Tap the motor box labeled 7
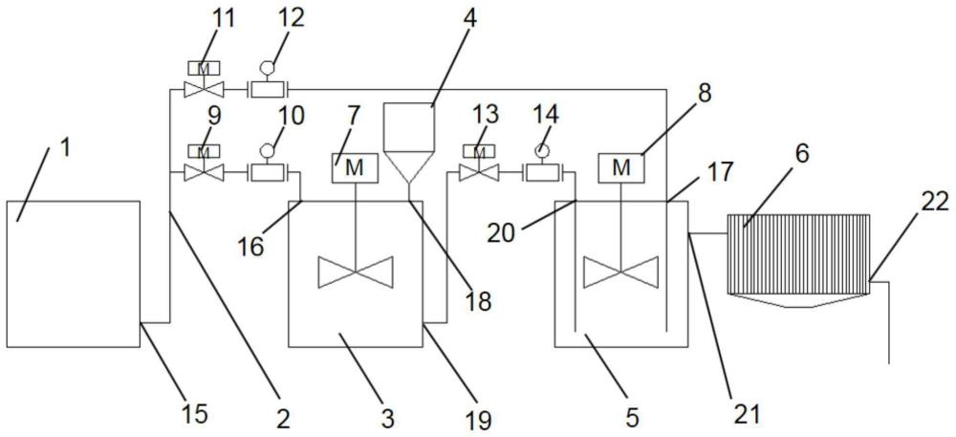click(355, 167)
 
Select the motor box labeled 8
click(620, 167)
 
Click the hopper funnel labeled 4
click(409, 142)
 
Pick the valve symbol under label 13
click(479, 174)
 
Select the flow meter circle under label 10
click(267, 149)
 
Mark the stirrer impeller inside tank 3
click(356, 272)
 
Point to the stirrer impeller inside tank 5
click(620, 272)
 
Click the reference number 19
click(478, 420)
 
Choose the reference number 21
click(745, 414)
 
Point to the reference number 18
click(479, 300)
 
